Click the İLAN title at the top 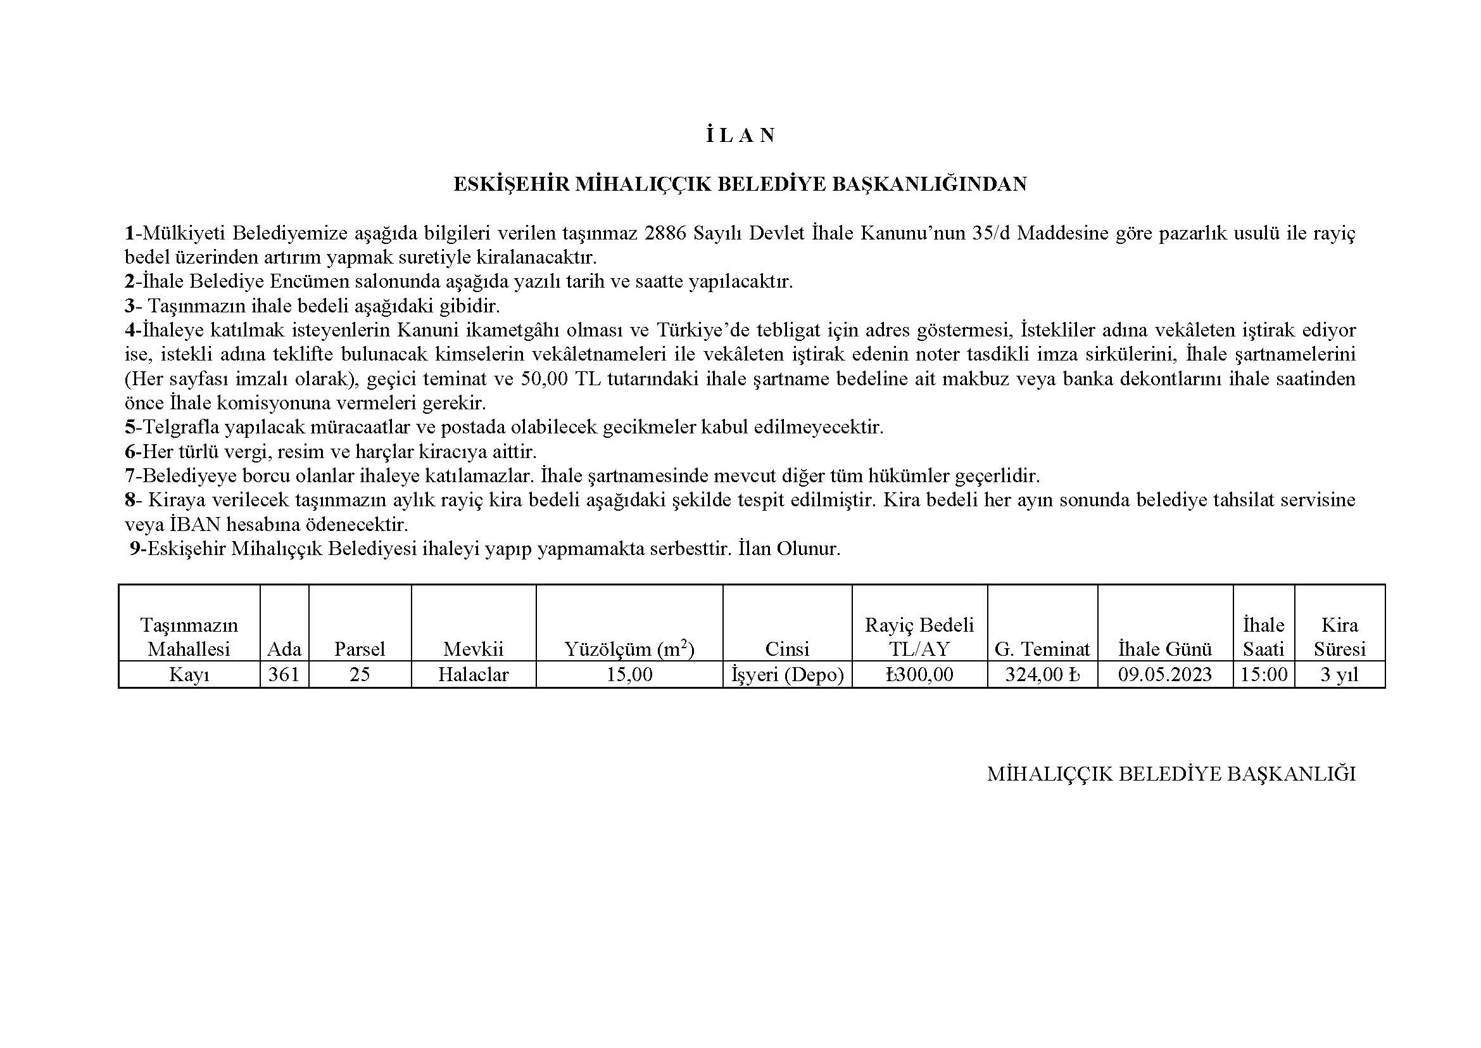740,136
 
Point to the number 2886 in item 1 665,233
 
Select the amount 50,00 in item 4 543,379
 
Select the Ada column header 284,649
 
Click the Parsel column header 359,649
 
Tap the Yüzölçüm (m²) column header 629,649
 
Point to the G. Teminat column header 1042,649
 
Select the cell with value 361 284,675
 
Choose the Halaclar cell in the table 474,675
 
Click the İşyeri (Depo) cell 787,675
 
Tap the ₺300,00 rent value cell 919,675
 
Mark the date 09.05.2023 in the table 1165,675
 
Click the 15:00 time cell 1263,675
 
